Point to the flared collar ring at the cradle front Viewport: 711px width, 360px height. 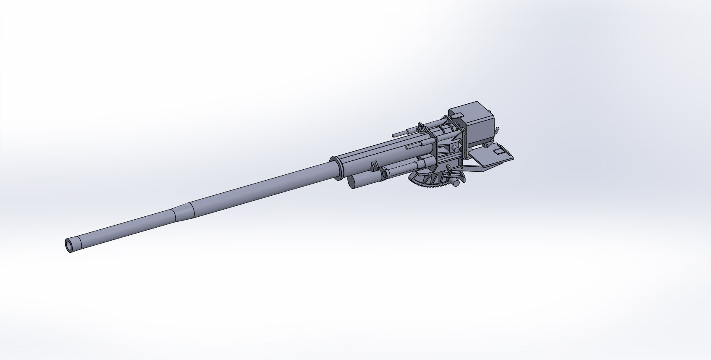[x=336, y=167]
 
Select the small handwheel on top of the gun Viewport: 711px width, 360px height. [x=422, y=129]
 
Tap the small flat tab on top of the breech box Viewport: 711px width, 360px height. [x=459, y=113]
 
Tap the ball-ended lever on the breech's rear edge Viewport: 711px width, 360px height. [x=497, y=130]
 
